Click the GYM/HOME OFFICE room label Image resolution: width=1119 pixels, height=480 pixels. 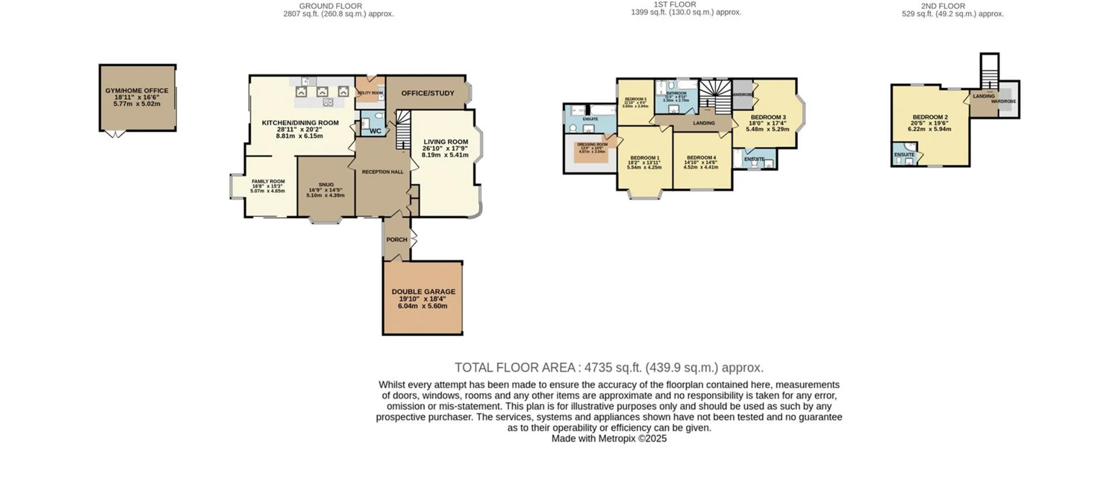tap(137, 91)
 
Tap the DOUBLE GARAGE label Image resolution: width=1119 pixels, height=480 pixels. tap(423, 292)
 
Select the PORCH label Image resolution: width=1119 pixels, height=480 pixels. tap(397, 240)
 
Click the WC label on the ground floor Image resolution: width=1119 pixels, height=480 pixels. tap(375, 131)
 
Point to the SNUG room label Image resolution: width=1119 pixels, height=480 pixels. tap(326, 185)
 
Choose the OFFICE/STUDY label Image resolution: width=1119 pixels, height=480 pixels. tap(428, 93)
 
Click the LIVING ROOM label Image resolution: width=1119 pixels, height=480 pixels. tap(445, 142)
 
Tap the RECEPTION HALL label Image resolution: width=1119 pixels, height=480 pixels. tap(382, 172)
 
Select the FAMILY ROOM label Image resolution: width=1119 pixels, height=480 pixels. tap(268, 182)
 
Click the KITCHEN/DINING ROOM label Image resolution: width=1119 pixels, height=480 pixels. tap(300, 123)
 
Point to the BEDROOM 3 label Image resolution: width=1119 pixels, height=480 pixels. tap(768, 118)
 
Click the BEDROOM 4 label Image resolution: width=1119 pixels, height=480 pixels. tap(701, 158)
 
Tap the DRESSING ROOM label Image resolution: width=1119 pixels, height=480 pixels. tap(592, 144)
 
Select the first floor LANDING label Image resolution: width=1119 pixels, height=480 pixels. tap(703, 123)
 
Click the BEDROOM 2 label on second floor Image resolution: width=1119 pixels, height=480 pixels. tap(930, 117)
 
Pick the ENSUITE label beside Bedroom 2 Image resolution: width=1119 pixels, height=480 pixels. tap(904, 155)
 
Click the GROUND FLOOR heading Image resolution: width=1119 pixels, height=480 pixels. tap(330, 6)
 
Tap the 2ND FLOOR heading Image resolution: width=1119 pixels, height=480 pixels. tap(942, 6)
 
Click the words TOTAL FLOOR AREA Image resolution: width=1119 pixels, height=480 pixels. tap(515, 368)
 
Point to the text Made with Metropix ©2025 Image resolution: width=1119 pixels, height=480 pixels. tap(608, 439)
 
